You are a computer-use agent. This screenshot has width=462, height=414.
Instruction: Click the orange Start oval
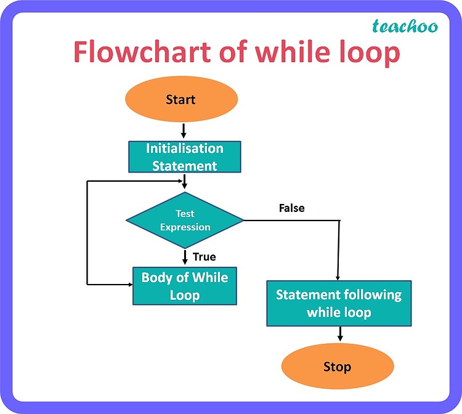180,100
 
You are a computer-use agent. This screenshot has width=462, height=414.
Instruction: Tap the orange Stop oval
337,367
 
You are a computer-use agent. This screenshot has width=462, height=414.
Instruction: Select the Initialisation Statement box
184,157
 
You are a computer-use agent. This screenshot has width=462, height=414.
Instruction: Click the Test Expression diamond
185,220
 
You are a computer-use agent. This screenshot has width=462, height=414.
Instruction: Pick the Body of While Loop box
185,286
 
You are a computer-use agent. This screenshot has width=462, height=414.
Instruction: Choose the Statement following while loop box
339,303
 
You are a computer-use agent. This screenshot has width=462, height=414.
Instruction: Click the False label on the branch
291,208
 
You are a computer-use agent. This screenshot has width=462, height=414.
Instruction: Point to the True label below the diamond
205,257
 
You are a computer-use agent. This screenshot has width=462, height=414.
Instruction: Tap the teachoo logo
405,26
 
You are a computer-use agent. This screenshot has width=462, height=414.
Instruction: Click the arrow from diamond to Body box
184,256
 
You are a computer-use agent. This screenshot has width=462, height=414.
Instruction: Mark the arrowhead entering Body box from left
129,285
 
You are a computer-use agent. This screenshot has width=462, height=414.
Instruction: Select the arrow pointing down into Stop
339,335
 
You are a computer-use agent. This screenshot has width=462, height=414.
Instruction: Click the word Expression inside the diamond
185,227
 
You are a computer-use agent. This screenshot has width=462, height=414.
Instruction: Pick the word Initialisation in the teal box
184,148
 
